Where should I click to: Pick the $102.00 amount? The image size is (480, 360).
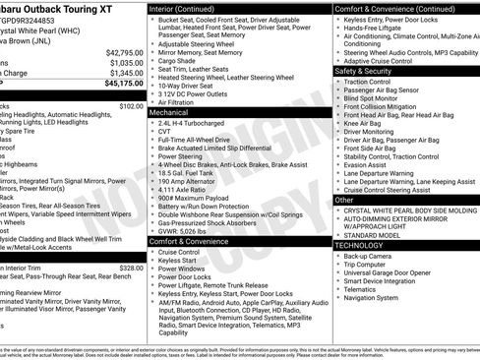[x=130, y=106]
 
